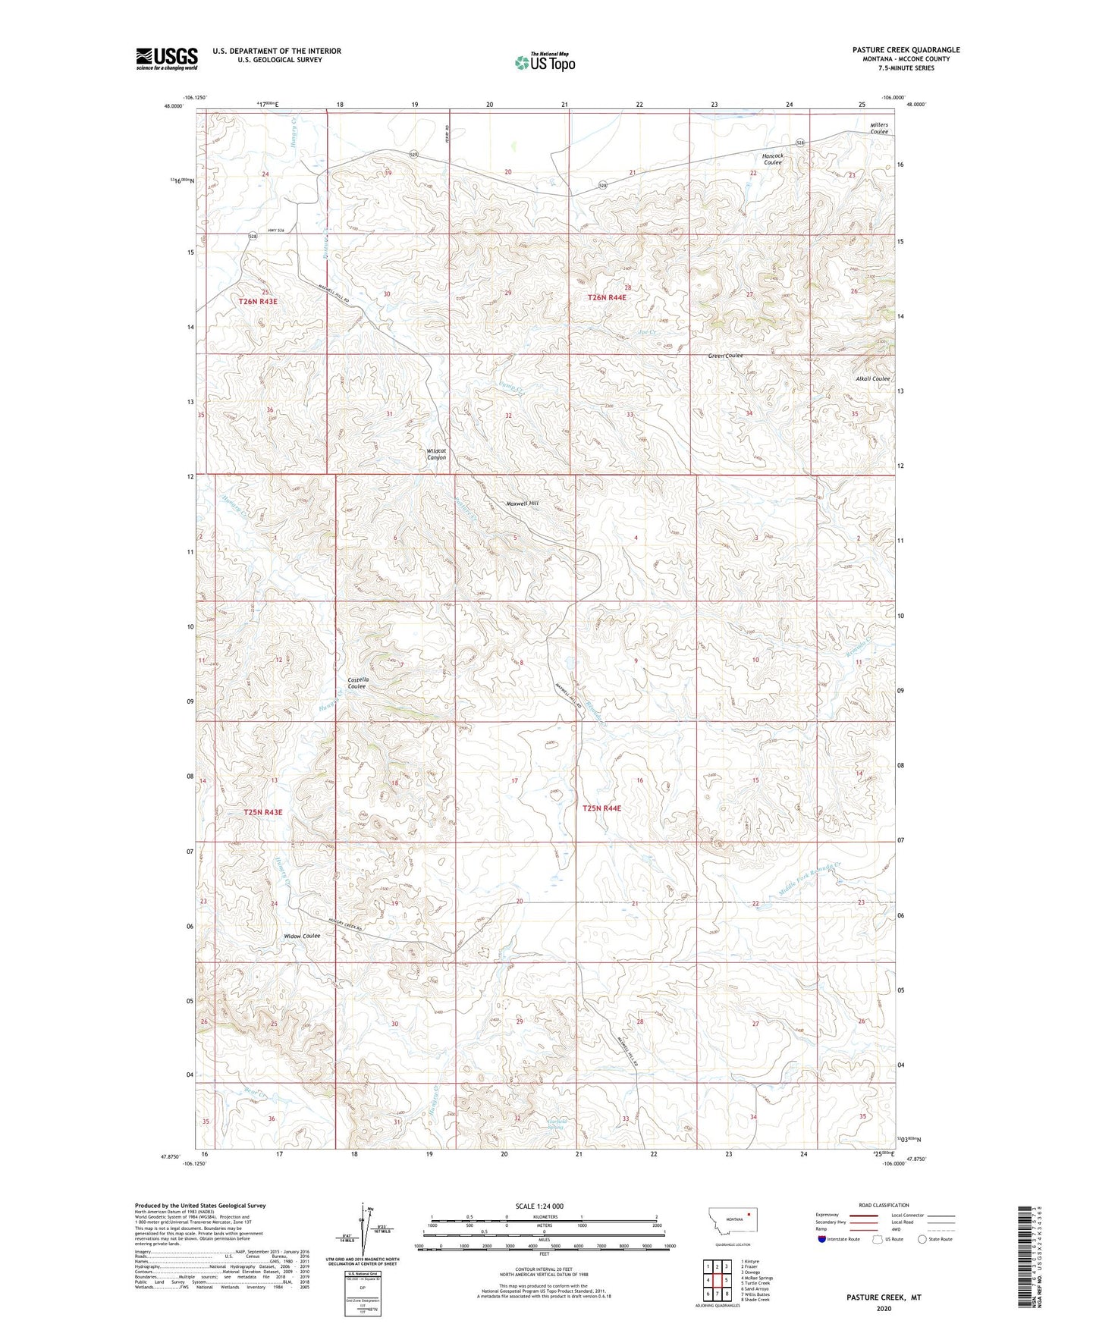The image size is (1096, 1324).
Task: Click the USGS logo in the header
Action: click(166, 58)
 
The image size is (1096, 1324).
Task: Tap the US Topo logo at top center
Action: click(545, 62)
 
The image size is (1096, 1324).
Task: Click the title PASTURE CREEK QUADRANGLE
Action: click(905, 50)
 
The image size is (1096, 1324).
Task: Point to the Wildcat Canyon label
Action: click(436, 454)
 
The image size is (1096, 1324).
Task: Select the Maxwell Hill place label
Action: click(522, 504)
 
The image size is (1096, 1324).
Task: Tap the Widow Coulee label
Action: click(302, 936)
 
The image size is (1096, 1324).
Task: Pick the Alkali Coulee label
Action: click(872, 378)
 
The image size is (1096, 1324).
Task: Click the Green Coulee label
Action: click(725, 356)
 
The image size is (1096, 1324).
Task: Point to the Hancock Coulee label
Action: click(773, 159)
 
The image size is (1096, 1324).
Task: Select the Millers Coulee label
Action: click(879, 128)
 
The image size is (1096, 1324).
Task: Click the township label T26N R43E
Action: click(258, 301)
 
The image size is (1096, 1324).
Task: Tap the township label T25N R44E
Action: click(601, 808)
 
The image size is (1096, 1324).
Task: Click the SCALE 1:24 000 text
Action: click(539, 1206)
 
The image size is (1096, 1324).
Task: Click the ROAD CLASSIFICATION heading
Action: click(884, 1205)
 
